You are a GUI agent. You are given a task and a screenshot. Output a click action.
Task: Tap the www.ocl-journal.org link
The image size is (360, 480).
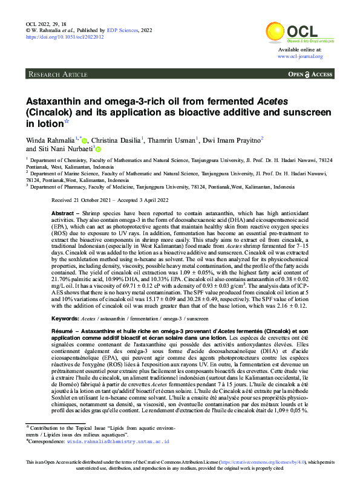[x=300, y=56]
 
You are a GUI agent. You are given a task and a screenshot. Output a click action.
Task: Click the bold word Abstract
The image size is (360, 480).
[x=62, y=215]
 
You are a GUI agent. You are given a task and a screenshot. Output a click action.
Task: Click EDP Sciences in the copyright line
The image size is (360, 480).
[x=122, y=30]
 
